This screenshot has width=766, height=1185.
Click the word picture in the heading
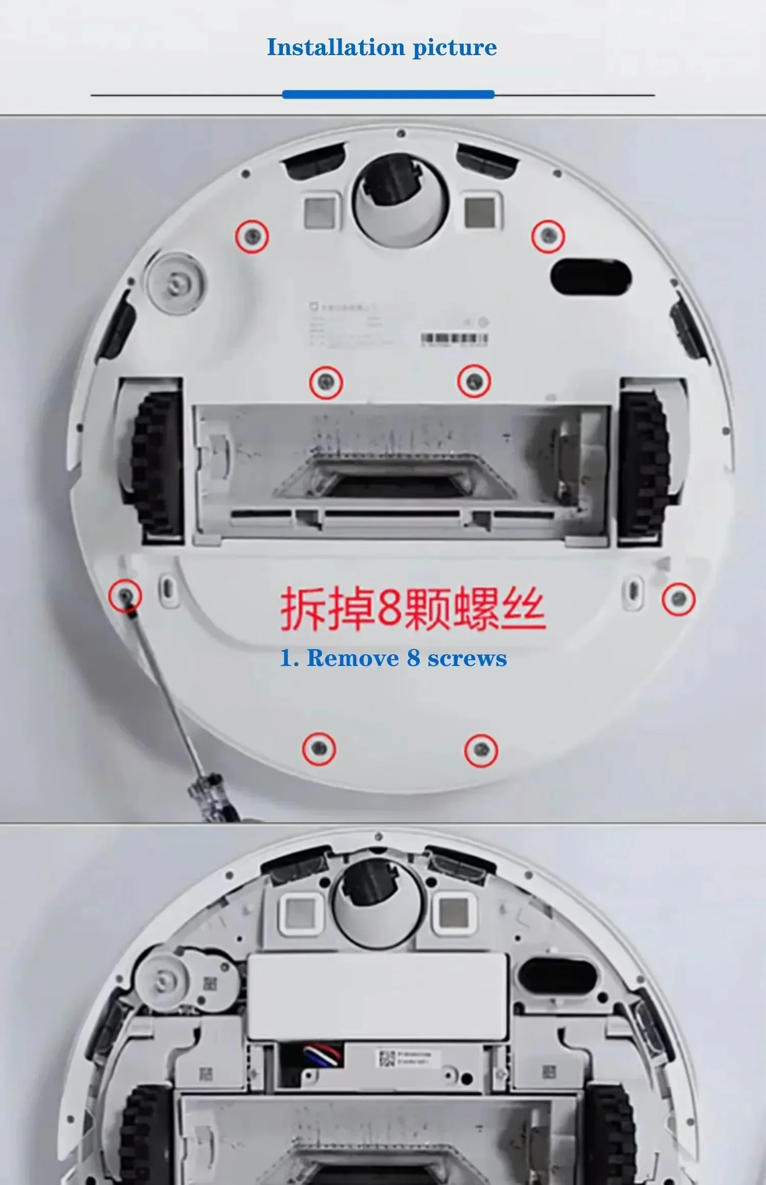pos(454,47)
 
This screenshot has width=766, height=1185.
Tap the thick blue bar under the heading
pos(388,94)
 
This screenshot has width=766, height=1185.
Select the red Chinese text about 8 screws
pos(413,608)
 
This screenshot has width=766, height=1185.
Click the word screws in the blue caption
pos(467,658)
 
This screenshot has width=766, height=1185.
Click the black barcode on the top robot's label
pos(454,338)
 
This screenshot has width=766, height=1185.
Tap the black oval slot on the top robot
pos(591,277)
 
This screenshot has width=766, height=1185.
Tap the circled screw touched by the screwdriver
pos(125,595)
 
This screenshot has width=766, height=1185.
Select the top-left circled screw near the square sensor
pos(252,236)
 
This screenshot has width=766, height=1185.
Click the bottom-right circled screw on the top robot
pos(481,750)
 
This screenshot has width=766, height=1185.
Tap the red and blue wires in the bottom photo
pos(323,1055)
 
